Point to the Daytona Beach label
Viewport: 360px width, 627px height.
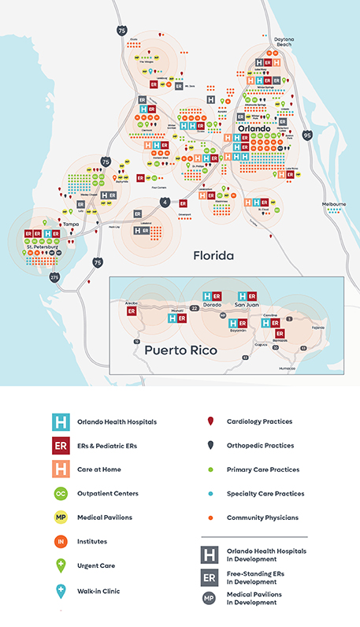coord(284,42)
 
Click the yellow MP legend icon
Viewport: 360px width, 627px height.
coord(60,518)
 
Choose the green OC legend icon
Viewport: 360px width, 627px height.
coord(60,494)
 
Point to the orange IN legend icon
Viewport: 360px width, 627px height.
coord(60,542)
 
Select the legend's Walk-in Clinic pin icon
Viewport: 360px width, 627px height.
coord(60,590)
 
